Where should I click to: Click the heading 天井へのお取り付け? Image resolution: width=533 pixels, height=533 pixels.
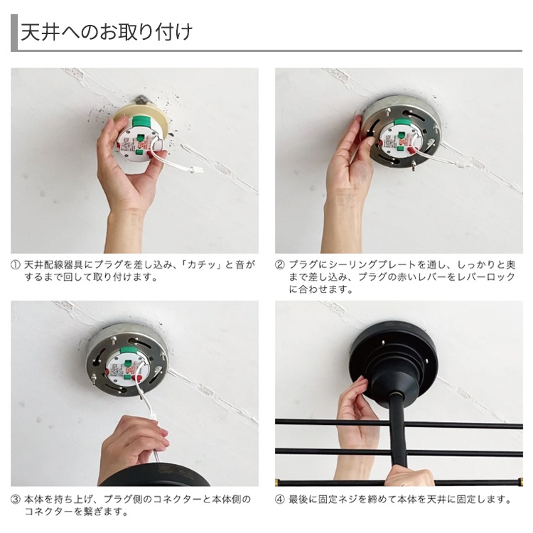point(106,33)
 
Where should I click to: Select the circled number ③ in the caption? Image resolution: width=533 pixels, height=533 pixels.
point(16,500)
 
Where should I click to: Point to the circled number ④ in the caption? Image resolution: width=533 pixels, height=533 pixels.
point(281,500)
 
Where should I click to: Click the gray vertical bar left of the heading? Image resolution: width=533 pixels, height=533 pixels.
point(14,33)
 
